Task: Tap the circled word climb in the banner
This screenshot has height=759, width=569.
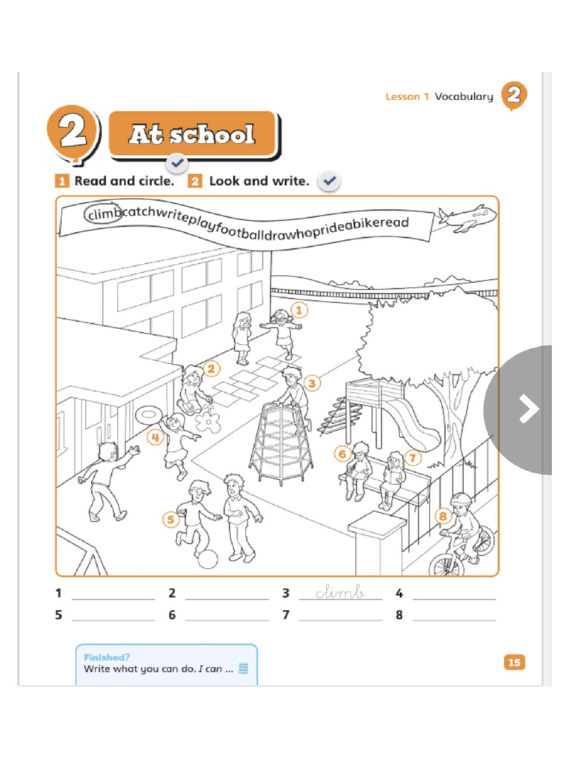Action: pyautogui.click(x=102, y=215)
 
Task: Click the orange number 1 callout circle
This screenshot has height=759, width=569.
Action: pyautogui.click(x=299, y=309)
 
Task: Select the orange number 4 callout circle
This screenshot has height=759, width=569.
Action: pyautogui.click(x=154, y=437)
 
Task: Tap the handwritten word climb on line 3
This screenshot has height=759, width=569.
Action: pyautogui.click(x=340, y=592)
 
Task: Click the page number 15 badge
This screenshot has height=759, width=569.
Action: pyautogui.click(x=513, y=662)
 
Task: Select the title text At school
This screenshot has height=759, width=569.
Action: pyautogui.click(x=192, y=135)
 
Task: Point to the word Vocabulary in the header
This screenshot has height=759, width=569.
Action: pyautogui.click(x=463, y=96)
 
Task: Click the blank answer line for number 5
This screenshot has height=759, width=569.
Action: pyautogui.click(x=113, y=616)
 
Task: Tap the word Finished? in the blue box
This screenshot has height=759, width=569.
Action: pyautogui.click(x=107, y=657)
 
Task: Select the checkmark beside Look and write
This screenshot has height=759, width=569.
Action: pyautogui.click(x=330, y=181)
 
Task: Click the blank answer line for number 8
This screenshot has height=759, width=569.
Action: pyautogui.click(x=453, y=616)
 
